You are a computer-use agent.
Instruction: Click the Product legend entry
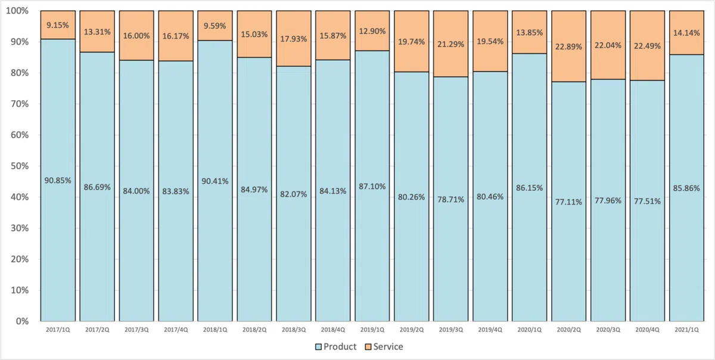click(x=335, y=346)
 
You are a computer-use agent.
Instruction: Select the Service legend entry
click(x=384, y=346)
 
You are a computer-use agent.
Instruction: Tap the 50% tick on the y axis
click(x=20, y=166)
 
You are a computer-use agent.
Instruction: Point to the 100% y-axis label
click(x=17, y=11)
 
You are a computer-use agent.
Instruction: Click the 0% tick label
click(x=22, y=321)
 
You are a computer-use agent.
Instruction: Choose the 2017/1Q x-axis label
click(x=58, y=330)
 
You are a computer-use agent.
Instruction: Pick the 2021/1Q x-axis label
click(x=686, y=330)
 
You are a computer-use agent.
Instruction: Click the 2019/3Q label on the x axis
click(x=450, y=330)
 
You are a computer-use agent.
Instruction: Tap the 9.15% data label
click(x=58, y=25)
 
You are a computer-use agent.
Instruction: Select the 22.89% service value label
click(x=568, y=46)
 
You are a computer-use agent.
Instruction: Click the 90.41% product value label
click(x=215, y=181)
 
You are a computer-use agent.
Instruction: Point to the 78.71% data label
click(x=450, y=200)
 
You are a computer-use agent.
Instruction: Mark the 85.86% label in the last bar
click(x=686, y=188)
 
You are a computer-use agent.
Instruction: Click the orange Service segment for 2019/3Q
click(x=450, y=44)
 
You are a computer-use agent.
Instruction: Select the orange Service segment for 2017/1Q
click(x=58, y=25)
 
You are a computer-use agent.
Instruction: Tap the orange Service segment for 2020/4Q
click(x=647, y=46)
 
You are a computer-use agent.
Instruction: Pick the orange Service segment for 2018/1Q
click(x=215, y=26)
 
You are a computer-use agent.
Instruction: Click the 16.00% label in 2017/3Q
click(x=136, y=36)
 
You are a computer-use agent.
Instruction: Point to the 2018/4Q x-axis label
click(x=333, y=330)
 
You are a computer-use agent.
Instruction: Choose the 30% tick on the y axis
click(x=20, y=228)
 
